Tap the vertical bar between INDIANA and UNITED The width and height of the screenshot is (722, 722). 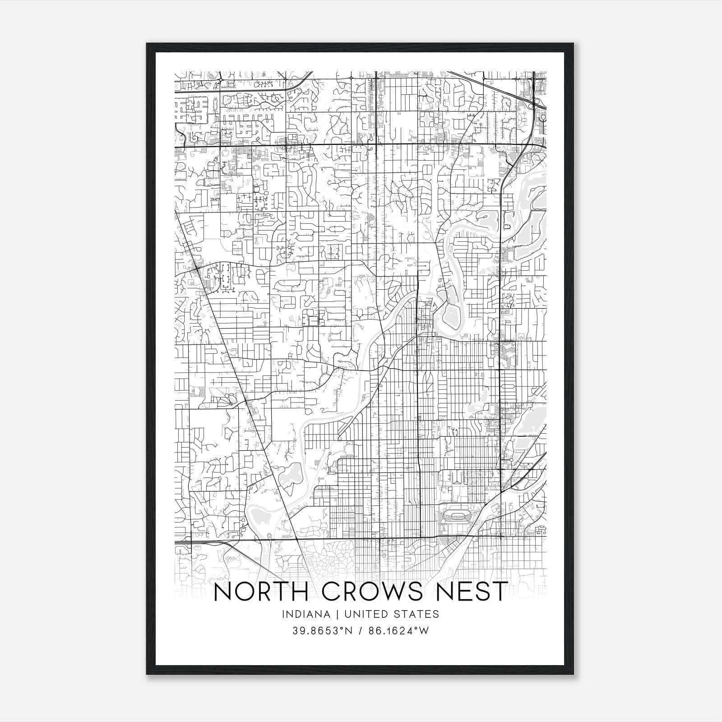click(331, 614)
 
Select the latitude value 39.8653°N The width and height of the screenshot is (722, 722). click(321, 631)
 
